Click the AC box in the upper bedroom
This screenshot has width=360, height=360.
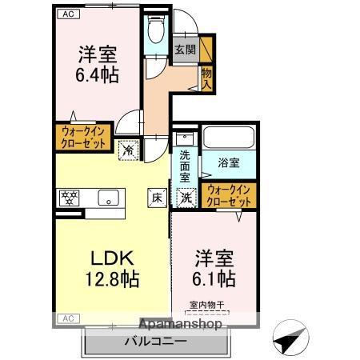pyautogui.click(x=69, y=14)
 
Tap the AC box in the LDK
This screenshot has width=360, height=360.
pyautogui.click(x=69, y=318)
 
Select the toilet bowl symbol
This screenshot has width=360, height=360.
pyautogui.click(x=156, y=29)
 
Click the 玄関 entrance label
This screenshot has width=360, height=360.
pyautogui.click(x=186, y=50)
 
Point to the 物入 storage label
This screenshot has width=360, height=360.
pyautogui.click(x=206, y=78)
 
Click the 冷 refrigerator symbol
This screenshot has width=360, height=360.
pyautogui.click(x=129, y=150)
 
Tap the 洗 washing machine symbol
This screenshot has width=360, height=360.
pyautogui.click(x=186, y=198)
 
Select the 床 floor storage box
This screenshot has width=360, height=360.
pyautogui.click(x=158, y=198)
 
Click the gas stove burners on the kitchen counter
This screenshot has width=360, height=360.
pyautogui.click(x=69, y=198)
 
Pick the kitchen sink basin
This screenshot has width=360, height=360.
pyautogui.click(x=109, y=198)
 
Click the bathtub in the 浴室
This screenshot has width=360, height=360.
pyautogui.click(x=229, y=138)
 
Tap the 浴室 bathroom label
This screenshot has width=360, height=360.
pyautogui.click(x=229, y=163)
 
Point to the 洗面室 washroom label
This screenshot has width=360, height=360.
pyautogui.click(x=185, y=166)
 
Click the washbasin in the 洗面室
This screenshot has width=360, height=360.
pyautogui.click(x=185, y=138)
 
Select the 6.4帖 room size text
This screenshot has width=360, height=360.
pyautogui.click(x=98, y=75)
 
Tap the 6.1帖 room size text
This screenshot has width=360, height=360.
pyautogui.click(x=214, y=278)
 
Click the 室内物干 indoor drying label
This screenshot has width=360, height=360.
pyautogui.click(x=207, y=305)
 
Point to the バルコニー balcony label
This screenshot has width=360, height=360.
pyautogui.click(x=156, y=342)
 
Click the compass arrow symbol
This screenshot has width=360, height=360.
pyautogui.click(x=290, y=337)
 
